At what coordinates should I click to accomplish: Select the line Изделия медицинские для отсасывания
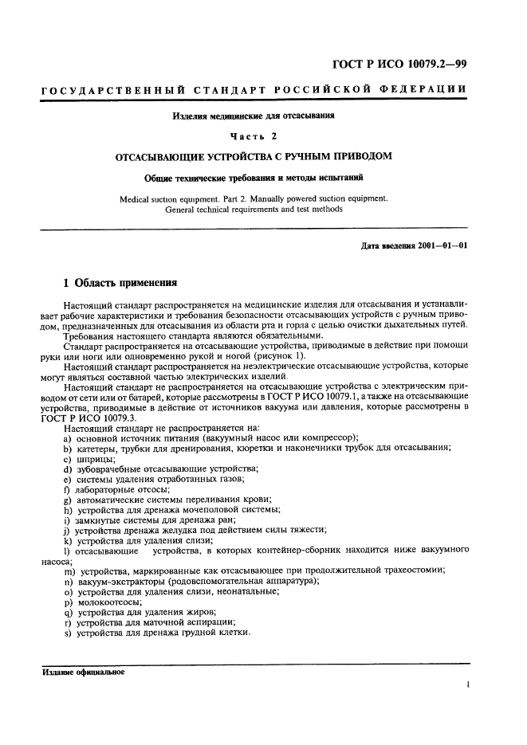tap(254, 116)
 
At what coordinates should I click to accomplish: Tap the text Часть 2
tap(254, 135)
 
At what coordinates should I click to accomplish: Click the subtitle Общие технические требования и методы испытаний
tap(254, 178)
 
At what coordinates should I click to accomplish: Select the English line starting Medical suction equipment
tap(254, 199)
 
